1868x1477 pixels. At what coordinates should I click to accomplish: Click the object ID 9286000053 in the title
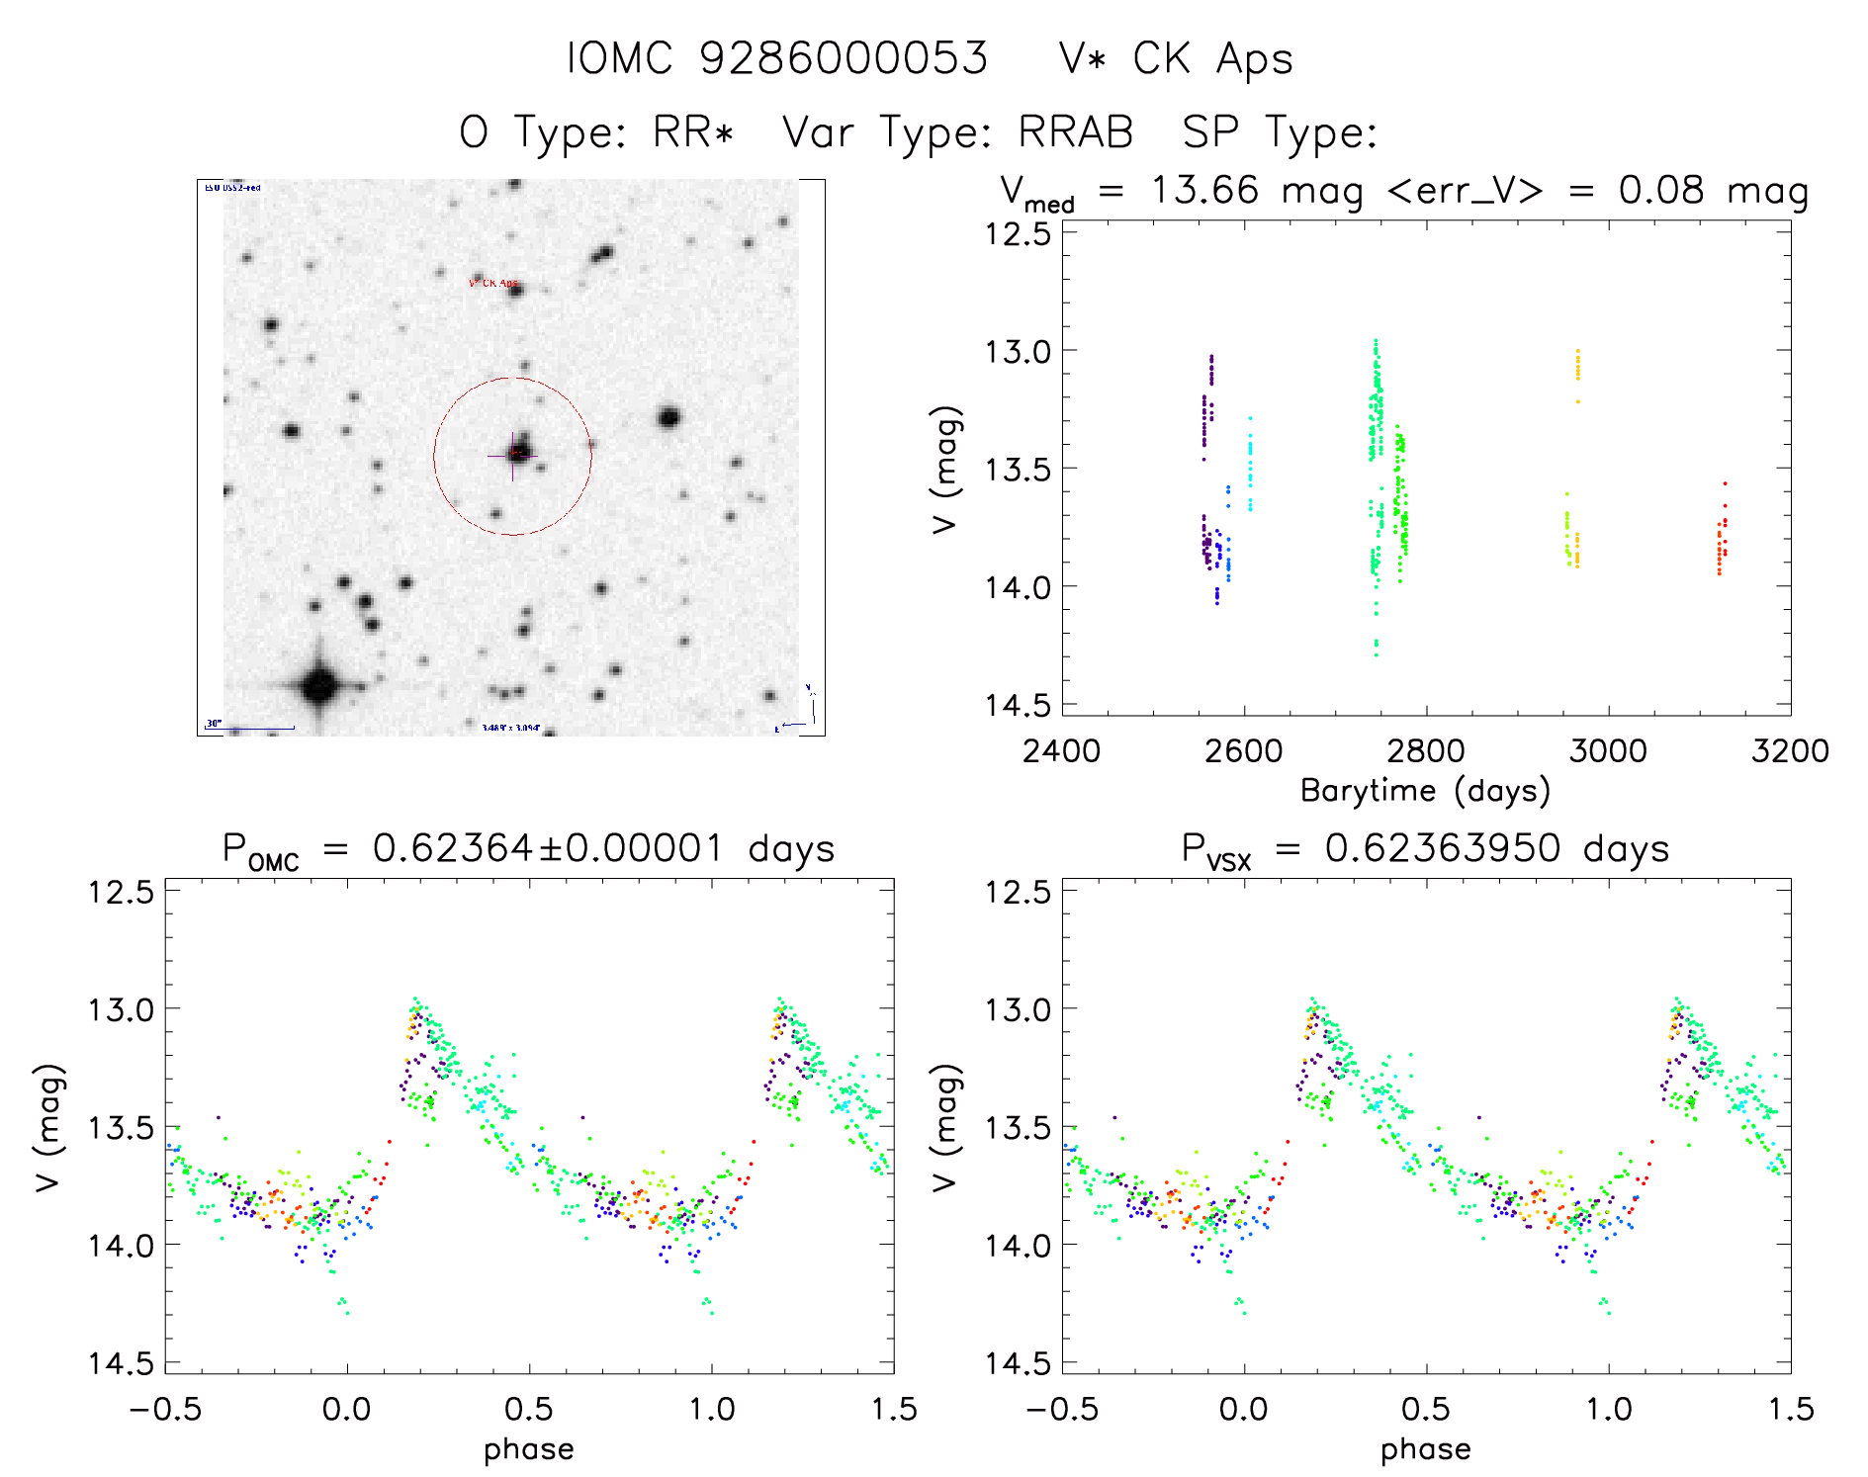(844, 59)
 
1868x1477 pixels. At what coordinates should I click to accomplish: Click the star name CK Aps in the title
(1212, 59)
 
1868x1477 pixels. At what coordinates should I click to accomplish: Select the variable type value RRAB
(1076, 132)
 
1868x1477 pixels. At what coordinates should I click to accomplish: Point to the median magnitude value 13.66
(1205, 190)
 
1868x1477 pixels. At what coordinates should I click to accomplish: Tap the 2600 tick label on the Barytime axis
(1243, 751)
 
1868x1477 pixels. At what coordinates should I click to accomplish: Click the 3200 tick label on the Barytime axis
(1790, 751)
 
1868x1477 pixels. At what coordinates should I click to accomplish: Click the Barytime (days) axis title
(1425, 791)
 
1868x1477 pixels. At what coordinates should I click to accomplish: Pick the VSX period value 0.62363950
(1443, 849)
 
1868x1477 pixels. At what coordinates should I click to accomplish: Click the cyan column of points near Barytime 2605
(1250, 465)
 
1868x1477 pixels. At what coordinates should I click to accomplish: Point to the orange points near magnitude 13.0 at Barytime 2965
(1577, 366)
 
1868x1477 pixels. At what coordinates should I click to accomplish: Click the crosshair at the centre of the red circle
(513, 456)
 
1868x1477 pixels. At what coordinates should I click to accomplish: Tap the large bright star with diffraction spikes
(319, 684)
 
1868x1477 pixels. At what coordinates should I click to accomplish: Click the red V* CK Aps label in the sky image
(492, 284)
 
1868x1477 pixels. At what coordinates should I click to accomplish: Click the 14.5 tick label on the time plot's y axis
(1017, 705)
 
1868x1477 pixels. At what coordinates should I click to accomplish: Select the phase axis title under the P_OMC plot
(529, 1449)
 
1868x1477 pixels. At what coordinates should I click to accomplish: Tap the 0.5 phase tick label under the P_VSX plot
(1426, 1409)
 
